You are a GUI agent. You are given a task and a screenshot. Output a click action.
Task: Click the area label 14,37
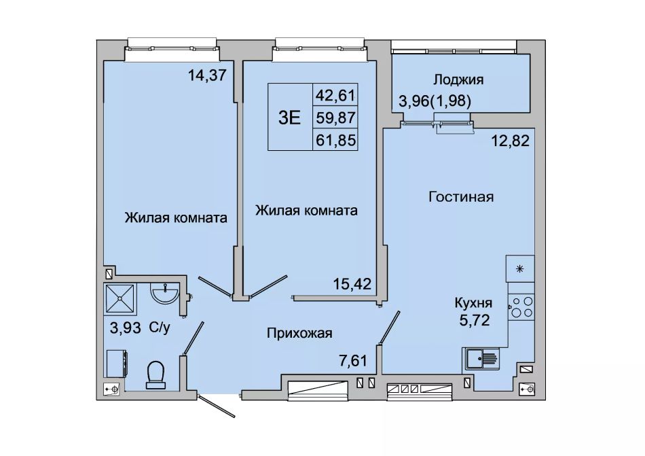(x=207, y=75)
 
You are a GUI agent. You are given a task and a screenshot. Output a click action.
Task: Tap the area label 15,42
(x=352, y=283)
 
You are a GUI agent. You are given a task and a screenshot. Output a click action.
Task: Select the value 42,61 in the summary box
(x=335, y=95)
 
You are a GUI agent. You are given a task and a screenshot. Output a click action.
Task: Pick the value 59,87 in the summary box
(x=335, y=118)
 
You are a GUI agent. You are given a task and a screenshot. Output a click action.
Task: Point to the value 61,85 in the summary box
(x=335, y=141)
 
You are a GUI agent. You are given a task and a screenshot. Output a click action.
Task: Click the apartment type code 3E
(x=290, y=118)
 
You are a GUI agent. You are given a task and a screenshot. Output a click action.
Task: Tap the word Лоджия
(x=459, y=80)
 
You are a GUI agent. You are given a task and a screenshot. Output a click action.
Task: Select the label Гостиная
(x=461, y=196)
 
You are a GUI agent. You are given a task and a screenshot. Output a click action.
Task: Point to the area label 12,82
(x=511, y=141)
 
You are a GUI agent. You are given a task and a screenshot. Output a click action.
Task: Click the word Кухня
(x=473, y=303)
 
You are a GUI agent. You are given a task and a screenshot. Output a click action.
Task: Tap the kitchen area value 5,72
(x=475, y=320)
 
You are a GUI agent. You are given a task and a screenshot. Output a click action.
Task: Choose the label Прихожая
(x=299, y=333)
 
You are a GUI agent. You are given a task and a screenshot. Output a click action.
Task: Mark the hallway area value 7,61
(x=352, y=361)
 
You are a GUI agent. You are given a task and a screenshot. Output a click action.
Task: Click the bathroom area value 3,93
(x=126, y=328)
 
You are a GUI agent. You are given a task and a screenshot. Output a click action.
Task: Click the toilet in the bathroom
(x=156, y=374)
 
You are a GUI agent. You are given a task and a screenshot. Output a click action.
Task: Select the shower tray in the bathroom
(x=121, y=299)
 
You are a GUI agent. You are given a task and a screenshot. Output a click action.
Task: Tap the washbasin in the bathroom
(x=164, y=293)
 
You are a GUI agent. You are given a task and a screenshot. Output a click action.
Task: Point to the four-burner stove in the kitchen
(x=521, y=307)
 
